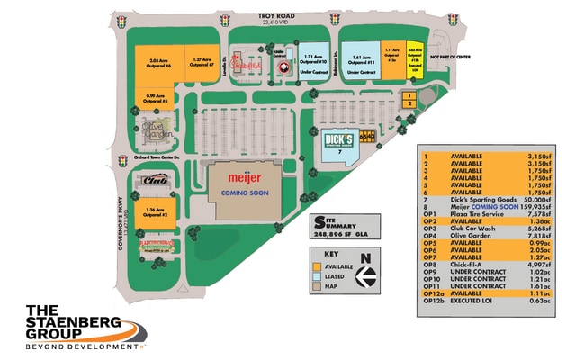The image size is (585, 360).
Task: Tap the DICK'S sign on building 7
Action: pyautogui.click(x=337, y=141)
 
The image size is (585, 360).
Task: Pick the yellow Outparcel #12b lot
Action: pyautogui.click(x=414, y=56)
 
